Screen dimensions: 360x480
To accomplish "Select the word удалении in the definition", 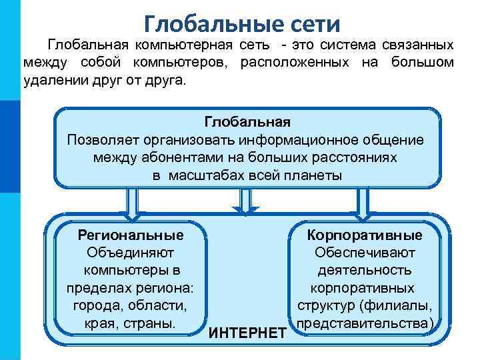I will [51, 80].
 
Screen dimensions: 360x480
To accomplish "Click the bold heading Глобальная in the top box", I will [247, 122].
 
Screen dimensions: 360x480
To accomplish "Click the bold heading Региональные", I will [131, 235].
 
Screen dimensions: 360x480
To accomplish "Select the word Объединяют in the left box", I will [131, 253].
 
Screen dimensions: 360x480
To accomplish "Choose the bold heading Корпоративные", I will [365, 235].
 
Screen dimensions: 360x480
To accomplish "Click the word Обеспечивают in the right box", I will [365, 253].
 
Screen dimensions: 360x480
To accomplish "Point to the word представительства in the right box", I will [363, 323].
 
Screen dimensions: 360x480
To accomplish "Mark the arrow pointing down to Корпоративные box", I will [363, 203].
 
